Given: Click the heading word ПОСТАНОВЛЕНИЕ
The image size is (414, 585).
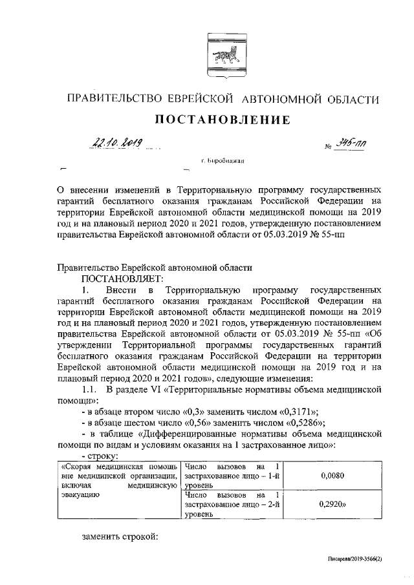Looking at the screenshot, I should click(x=222, y=120).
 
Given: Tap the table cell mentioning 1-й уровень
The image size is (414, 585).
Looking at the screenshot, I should click(x=232, y=476).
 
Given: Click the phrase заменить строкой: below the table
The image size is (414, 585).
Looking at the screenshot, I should click(x=120, y=537).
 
